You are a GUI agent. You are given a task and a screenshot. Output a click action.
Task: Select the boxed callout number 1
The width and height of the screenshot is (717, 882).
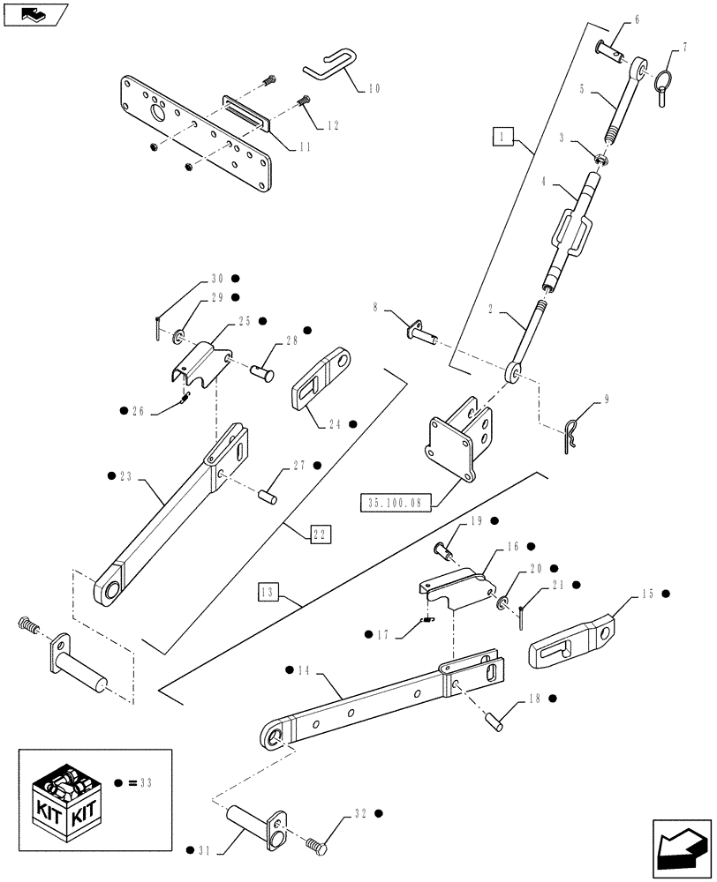coord(502,136)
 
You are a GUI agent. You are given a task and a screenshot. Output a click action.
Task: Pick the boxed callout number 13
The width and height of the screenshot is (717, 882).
coord(269,591)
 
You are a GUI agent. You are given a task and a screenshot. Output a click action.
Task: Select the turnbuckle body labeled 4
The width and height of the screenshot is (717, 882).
coord(571,233)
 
